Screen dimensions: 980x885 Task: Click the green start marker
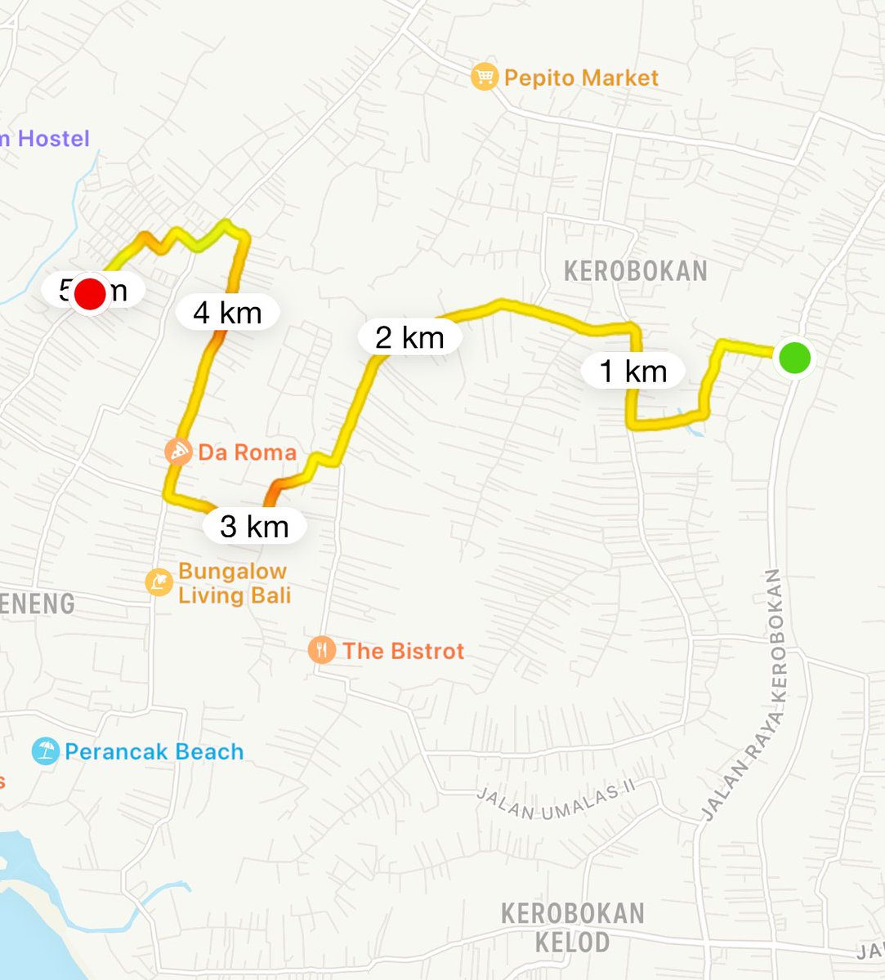tap(794, 358)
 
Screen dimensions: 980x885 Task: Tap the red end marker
tap(91, 294)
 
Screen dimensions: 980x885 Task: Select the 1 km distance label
tap(634, 372)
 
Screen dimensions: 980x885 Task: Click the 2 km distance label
tap(409, 336)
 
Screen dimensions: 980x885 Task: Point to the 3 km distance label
tap(254, 526)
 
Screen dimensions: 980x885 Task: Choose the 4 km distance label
tap(227, 312)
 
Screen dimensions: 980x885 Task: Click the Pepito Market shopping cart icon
tap(485, 78)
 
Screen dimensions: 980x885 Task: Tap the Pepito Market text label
tap(581, 78)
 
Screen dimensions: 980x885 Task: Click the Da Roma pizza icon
tap(177, 452)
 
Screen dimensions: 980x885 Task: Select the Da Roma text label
tap(247, 452)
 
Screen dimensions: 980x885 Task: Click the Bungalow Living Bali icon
tap(158, 582)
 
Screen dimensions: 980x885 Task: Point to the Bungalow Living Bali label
tap(234, 583)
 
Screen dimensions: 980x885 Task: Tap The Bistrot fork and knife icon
tap(322, 650)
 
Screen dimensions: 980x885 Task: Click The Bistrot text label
tap(403, 651)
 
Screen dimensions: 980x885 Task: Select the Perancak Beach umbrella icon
tap(45, 751)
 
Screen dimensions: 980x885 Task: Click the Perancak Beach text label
tap(154, 752)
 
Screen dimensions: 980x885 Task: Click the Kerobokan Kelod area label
tap(572, 928)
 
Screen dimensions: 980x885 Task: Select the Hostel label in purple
tap(45, 139)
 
